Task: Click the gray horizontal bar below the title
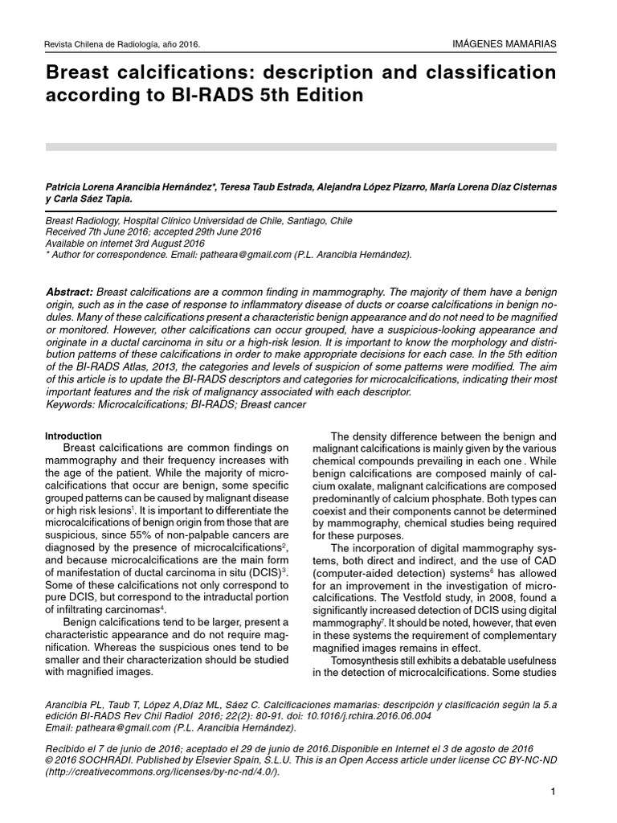point(301,147)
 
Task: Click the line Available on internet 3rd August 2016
point(125,243)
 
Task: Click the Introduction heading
point(74,436)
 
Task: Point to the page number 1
point(554,793)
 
